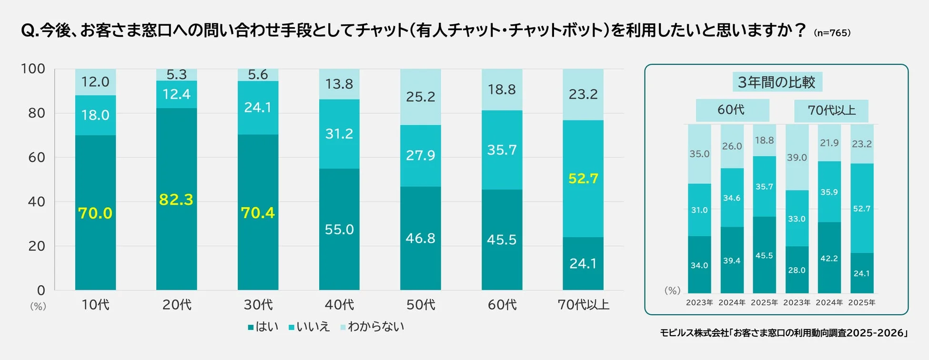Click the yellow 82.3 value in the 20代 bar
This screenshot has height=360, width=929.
tap(176, 200)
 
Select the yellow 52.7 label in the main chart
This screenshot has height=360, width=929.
tap(583, 179)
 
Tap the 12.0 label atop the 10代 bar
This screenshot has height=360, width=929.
tap(95, 82)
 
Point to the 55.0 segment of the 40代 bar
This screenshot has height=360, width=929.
tap(339, 230)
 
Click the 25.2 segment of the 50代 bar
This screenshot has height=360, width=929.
tap(420, 97)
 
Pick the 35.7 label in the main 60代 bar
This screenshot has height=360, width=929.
tap(502, 150)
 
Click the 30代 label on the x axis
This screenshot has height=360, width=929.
tap(258, 305)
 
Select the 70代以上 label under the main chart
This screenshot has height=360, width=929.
tap(583, 305)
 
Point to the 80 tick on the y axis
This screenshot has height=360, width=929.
tap(36, 113)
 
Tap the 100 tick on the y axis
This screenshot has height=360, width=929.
tap(33, 69)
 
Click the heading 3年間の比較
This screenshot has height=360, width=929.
tap(777, 82)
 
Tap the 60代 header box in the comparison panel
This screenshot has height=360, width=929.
tap(732, 110)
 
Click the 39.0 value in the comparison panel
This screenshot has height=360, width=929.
tap(797, 158)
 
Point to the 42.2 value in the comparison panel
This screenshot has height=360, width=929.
tap(829, 259)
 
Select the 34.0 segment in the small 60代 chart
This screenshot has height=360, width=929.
tap(699, 265)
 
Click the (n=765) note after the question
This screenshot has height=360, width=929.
tap(832, 33)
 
